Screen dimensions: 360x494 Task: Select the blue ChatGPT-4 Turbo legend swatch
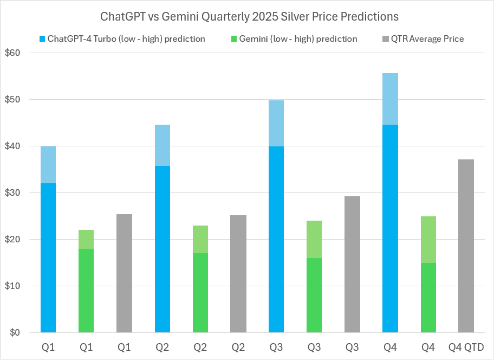42,39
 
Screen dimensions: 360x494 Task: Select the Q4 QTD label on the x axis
466,347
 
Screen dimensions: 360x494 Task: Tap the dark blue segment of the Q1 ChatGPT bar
48,258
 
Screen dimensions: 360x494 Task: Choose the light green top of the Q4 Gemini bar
428,240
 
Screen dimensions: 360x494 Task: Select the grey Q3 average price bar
352,264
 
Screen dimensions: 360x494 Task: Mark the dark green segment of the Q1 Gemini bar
86,290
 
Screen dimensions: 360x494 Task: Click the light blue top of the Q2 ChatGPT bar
162,145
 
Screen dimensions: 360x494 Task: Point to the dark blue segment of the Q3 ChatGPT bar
276,239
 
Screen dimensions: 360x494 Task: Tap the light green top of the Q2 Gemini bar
200,239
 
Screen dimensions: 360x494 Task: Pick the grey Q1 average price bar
124,273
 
